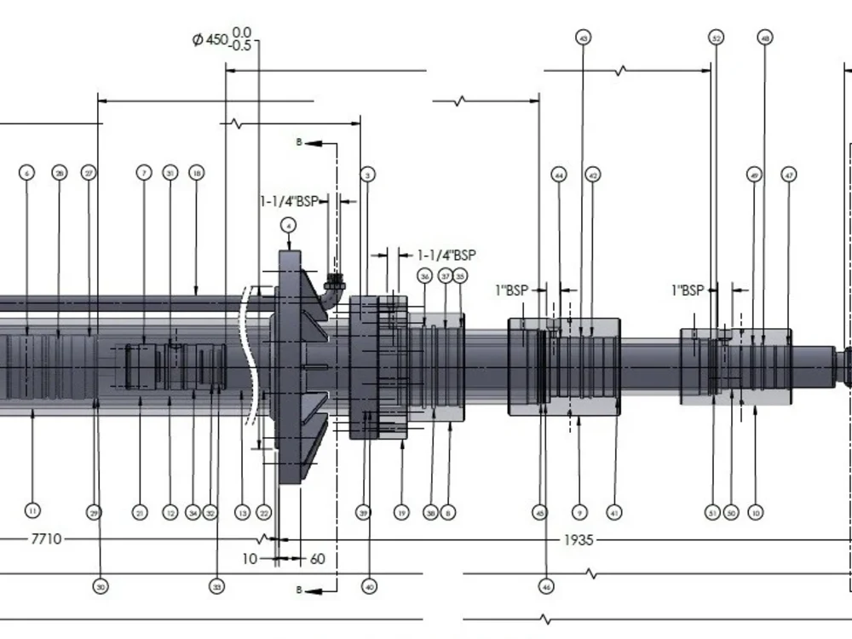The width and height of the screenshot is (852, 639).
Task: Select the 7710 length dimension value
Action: (46, 539)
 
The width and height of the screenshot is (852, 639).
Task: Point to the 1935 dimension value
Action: (579, 540)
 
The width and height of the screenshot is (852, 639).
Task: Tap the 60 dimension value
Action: (317, 559)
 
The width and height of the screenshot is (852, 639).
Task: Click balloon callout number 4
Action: (289, 226)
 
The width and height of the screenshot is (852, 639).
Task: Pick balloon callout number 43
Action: (584, 38)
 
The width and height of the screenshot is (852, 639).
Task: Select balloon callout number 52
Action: (716, 38)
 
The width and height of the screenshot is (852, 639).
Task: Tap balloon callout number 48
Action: (764, 38)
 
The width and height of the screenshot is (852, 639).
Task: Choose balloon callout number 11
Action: (32, 511)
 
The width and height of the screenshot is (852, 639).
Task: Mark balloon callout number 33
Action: (217, 587)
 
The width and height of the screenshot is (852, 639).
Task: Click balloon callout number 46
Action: (545, 586)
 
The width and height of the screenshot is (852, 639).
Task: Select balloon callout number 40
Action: (369, 586)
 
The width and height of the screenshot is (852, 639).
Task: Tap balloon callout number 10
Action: (755, 512)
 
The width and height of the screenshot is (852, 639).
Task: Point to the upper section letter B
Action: (299, 142)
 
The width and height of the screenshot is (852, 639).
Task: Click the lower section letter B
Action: (299, 590)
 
